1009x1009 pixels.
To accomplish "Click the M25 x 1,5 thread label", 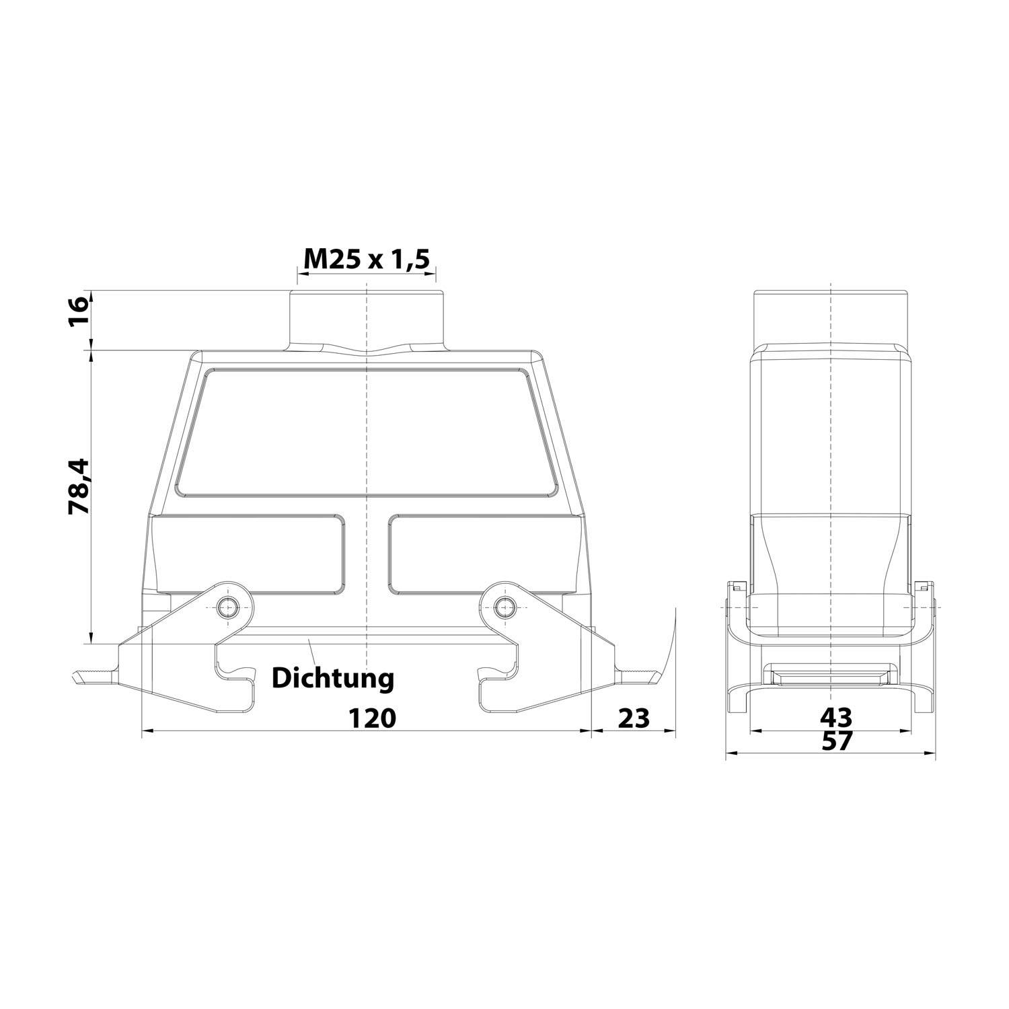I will (x=366, y=260).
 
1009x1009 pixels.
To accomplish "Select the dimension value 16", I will (x=79, y=311).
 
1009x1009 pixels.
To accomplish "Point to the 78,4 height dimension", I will (x=79, y=486).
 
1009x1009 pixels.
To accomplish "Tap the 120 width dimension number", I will (x=372, y=718).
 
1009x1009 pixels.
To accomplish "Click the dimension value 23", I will (x=634, y=718).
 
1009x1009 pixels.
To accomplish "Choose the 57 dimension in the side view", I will (x=837, y=741).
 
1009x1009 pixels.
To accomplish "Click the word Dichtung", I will (x=332, y=678).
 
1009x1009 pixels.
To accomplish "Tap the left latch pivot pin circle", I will (x=228, y=609).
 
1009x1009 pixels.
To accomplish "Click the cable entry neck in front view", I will (x=366, y=320).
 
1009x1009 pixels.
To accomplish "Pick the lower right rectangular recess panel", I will (x=482, y=554).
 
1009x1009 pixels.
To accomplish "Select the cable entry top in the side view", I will (x=831, y=316).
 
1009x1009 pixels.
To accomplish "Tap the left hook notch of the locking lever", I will (x=235, y=673).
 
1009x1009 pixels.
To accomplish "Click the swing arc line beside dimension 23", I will (x=670, y=646).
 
